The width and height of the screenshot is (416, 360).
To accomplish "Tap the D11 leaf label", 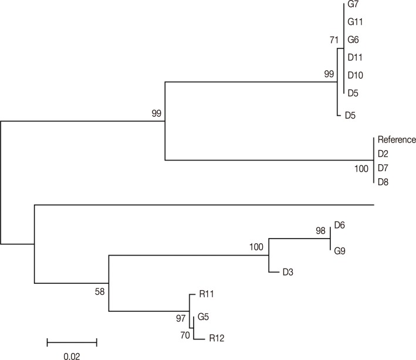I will (356, 57).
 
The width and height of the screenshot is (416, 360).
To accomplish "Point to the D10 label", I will (356, 75).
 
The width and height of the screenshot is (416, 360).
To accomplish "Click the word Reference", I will (397, 140).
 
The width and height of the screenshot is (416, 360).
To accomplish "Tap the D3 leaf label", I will (288, 272).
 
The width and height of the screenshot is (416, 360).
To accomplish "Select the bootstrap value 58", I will (101, 291).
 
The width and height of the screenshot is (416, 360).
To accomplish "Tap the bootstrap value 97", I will (181, 317).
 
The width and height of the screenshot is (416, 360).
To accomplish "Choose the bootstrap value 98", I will (320, 231).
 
